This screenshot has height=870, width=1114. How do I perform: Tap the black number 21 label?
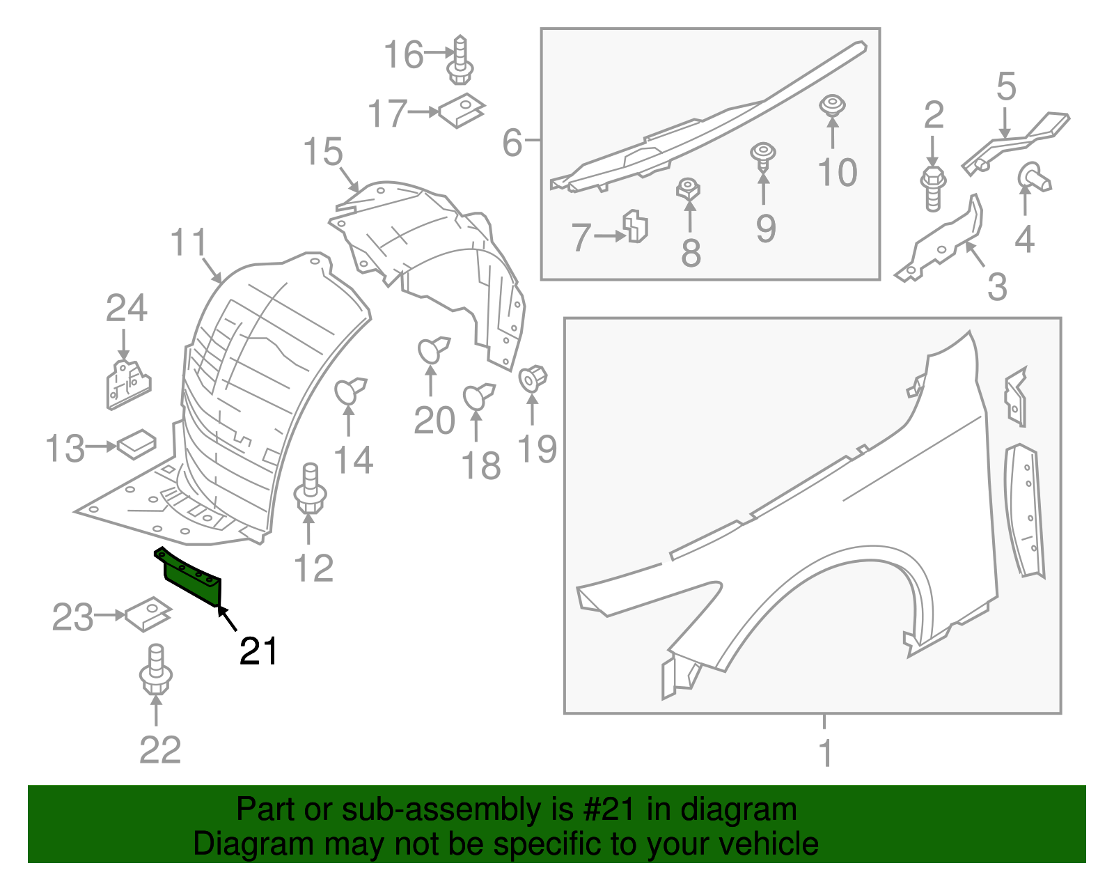point(258,652)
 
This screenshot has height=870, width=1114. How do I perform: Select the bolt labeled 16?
point(460,60)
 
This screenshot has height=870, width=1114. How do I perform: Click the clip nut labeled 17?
point(461,110)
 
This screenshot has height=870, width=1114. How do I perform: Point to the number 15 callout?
point(323,152)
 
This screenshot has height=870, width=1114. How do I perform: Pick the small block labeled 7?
point(636,226)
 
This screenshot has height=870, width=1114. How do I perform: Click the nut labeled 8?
point(688,189)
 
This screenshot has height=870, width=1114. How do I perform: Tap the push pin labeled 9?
point(763,156)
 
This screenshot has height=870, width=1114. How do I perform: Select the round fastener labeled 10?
point(832,107)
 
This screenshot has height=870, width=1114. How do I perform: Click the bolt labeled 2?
point(932,186)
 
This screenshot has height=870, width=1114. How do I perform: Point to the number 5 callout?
point(1006,86)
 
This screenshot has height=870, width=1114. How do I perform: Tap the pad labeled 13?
point(136,444)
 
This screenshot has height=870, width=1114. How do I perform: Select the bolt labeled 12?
point(310,492)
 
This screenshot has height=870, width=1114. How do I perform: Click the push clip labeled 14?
point(350,391)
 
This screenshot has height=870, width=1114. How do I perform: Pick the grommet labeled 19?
point(533,378)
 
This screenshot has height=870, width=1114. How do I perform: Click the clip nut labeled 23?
point(148,614)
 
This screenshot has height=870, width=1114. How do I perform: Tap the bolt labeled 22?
point(156,670)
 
